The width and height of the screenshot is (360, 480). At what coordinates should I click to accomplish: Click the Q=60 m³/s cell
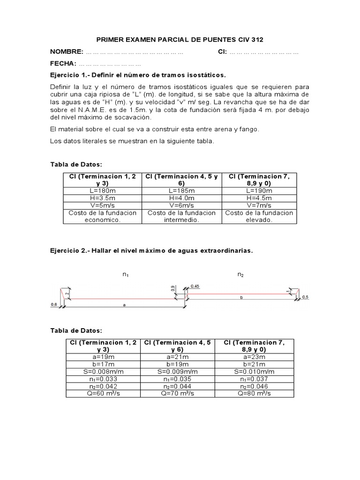coord(103,393)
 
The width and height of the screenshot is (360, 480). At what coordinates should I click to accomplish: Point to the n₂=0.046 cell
coord(254,386)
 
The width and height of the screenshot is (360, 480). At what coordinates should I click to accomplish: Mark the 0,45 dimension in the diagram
coord(195,286)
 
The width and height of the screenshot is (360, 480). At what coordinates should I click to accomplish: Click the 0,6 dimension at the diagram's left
coord(53,304)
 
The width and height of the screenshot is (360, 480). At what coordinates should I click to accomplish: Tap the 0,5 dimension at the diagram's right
coord(305,297)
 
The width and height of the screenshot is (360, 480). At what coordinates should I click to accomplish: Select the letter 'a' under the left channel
coord(124,305)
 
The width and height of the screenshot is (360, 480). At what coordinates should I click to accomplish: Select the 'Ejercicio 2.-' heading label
coord(70,251)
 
